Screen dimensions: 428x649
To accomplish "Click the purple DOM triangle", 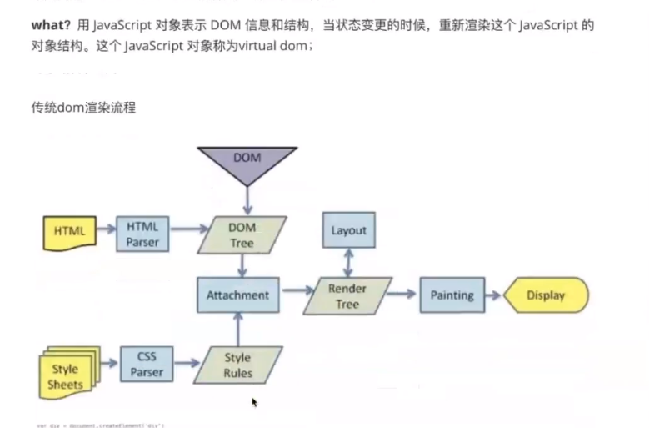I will pyautogui.click(x=247, y=162).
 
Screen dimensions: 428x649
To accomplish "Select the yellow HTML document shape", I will pyautogui.click(x=69, y=231).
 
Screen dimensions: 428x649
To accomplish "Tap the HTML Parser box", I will pyautogui.click(x=142, y=234).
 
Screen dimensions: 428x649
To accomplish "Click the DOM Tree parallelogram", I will pyautogui.click(x=242, y=234).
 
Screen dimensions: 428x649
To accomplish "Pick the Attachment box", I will pyautogui.click(x=238, y=295).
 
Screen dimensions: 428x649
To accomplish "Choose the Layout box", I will pyautogui.click(x=348, y=230).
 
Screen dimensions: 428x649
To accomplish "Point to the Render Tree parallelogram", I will pyautogui.click(x=347, y=295).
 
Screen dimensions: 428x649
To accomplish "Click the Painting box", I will pyautogui.click(x=452, y=295).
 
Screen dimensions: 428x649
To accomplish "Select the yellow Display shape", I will pyautogui.click(x=546, y=295).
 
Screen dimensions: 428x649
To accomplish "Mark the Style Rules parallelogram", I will pyautogui.click(x=237, y=365).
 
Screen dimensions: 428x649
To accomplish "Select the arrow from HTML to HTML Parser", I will pyautogui.click(x=106, y=227).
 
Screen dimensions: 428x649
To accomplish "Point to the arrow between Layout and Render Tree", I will pyautogui.click(x=348, y=262).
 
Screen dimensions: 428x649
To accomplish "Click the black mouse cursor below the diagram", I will pyautogui.click(x=254, y=402).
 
